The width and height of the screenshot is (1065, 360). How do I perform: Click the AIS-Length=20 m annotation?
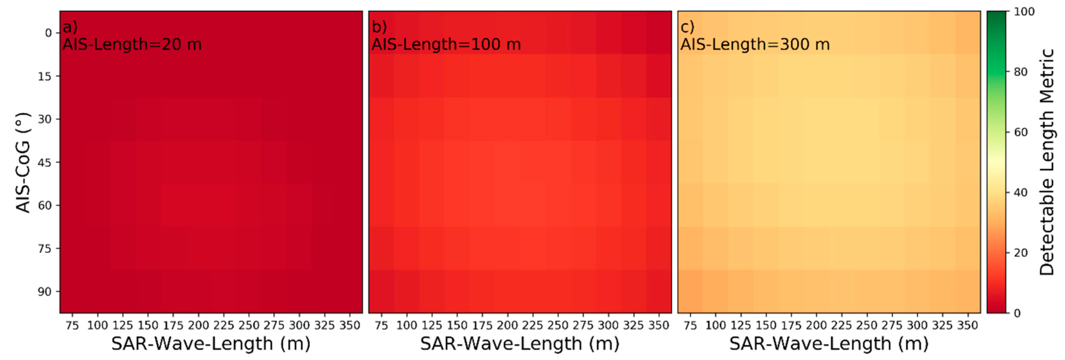(132, 44)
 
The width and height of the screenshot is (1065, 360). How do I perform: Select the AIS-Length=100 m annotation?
(446, 44)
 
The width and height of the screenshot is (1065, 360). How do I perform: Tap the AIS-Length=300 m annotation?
(755, 44)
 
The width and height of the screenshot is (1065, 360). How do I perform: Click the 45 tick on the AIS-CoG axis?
(45, 162)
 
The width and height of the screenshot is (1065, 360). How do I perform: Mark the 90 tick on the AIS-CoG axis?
(45, 292)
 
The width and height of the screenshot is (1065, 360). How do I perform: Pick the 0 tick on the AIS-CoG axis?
(48, 33)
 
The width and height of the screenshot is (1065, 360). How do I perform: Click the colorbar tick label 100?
(1024, 11)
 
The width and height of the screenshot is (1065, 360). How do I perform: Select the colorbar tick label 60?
(1021, 132)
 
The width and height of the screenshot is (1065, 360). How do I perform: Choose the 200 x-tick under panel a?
(199, 326)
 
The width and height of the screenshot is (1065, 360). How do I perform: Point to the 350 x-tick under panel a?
(350, 326)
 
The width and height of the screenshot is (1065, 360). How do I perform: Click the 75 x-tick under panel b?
(381, 326)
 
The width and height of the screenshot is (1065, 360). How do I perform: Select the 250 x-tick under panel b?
(558, 326)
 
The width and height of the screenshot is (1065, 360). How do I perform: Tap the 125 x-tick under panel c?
(741, 326)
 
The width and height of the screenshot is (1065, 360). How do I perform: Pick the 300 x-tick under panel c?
(917, 326)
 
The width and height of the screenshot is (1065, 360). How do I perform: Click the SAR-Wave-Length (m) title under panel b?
(520, 344)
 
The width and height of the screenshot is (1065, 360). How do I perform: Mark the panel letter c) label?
(687, 27)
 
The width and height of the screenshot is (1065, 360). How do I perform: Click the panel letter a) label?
(70, 27)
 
